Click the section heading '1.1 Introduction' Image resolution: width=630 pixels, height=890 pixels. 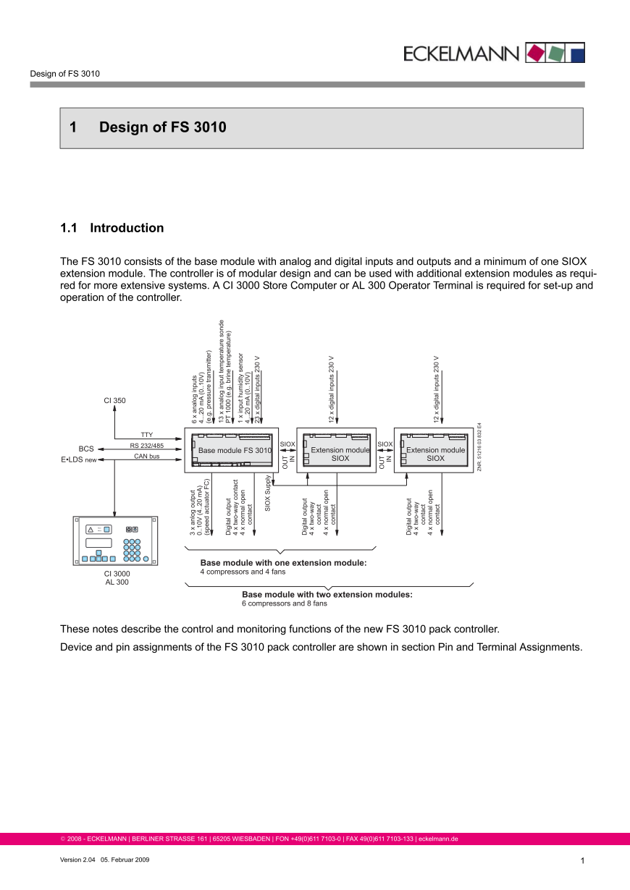[112, 228]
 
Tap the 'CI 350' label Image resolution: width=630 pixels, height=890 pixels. [114, 400]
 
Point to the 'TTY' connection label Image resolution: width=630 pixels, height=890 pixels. [147, 435]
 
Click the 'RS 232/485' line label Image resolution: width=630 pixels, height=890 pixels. [147, 446]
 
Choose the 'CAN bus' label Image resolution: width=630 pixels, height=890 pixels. [147, 457]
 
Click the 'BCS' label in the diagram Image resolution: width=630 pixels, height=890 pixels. [86, 449]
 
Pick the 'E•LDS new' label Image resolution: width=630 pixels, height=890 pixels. [78, 459]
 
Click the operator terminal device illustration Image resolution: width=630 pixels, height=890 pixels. [115, 541]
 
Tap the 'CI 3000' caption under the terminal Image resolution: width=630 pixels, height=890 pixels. [117, 574]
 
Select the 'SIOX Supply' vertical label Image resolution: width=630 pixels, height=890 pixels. [268, 493]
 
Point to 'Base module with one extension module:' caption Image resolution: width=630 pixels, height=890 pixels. [283, 562]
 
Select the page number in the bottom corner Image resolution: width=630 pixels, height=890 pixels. [581, 860]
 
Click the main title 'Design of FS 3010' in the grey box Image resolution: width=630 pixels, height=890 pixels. [162, 128]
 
